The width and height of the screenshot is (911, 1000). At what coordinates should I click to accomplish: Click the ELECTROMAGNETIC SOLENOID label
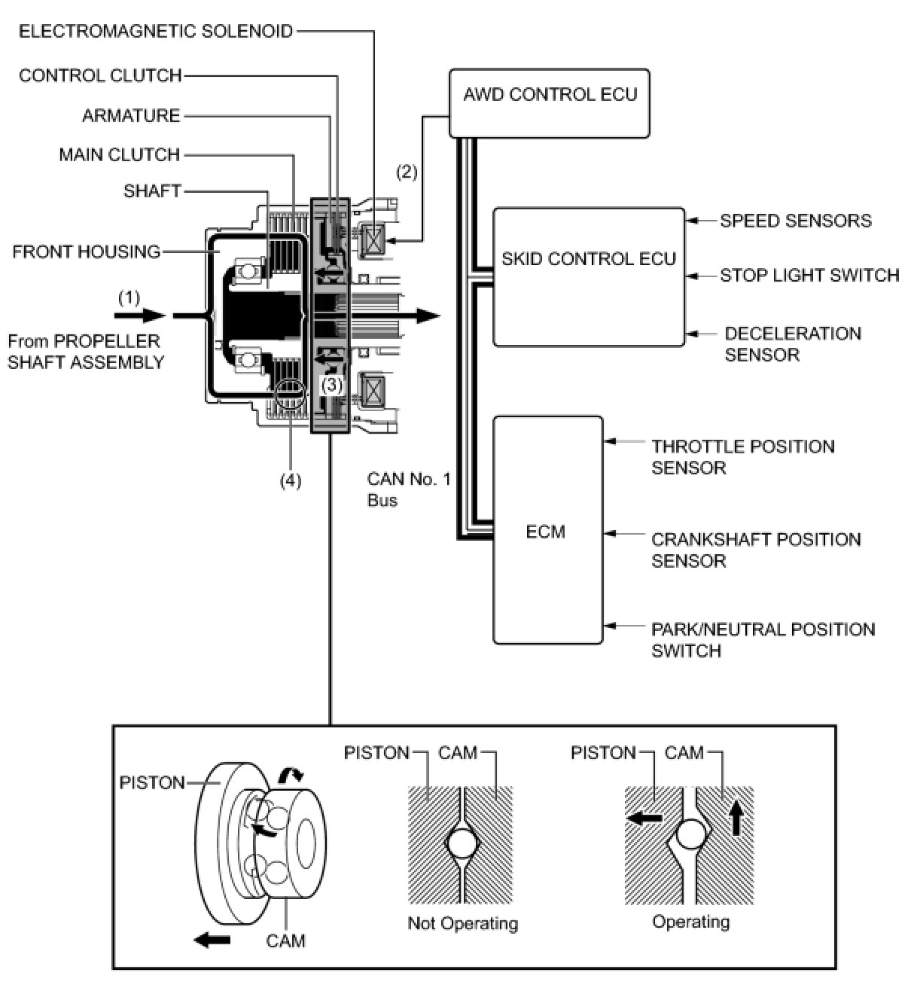tap(156, 31)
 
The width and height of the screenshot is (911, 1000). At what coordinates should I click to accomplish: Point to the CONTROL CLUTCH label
tap(100, 75)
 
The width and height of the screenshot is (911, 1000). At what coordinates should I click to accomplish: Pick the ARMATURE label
tap(131, 116)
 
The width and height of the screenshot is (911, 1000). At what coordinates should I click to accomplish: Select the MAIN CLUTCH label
tap(120, 155)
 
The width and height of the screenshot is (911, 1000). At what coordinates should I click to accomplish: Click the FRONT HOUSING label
tap(87, 252)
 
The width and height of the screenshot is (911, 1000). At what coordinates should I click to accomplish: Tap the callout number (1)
tap(129, 297)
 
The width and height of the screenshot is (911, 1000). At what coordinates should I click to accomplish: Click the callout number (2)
tap(407, 172)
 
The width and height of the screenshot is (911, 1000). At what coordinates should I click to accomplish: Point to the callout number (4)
tap(290, 480)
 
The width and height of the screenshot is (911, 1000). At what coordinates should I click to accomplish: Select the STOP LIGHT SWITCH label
tap(809, 276)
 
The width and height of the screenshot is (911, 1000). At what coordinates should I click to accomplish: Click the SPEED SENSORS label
tap(795, 221)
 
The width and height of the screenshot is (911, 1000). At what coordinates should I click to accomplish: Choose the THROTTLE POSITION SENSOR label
tap(742, 457)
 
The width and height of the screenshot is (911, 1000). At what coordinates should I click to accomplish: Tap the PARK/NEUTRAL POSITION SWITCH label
tap(763, 640)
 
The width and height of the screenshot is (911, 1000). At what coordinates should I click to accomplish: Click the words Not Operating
tap(462, 923)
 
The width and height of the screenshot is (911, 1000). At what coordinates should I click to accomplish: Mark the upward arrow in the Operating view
tap(736, 819)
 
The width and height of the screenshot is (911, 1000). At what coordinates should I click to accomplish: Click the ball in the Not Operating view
tap(462, 843)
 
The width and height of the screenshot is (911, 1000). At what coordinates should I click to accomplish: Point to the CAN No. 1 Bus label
tap(408, 489)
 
